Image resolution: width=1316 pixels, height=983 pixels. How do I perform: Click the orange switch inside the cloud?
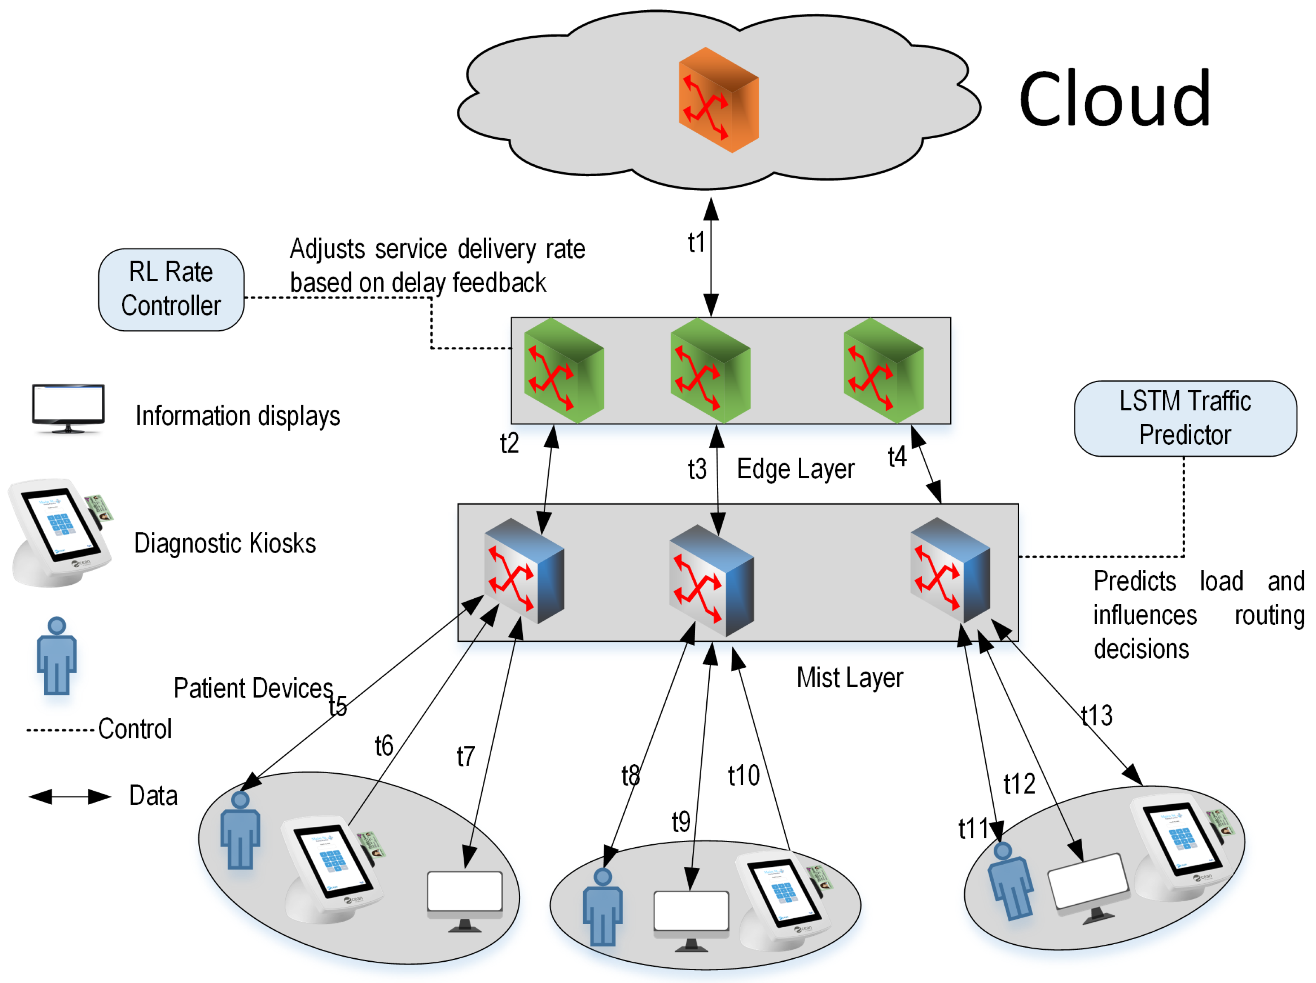pyautogui.click(x=718, y=100)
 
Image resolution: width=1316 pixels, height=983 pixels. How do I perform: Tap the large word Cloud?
pyautogui.click(x=1114, y=99)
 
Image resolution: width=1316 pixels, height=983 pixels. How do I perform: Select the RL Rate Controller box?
pyautogui.click(x=171, y=290)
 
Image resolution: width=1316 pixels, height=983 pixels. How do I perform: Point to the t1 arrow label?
pyautogui.click(x=696, y=243)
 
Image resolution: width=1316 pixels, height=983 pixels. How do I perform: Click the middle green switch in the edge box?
pyautogui.click(x=710, y=371)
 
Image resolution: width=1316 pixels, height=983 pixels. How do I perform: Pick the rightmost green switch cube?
pyautogui.click(x=883, y=371)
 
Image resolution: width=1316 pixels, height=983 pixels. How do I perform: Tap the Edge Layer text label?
pyautogui.click(x=795, y=469)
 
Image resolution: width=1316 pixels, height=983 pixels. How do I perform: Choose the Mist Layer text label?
pyautogui.click(x=849, y=677)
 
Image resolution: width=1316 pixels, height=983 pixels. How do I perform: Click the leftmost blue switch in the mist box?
pyautogui.click(x=524, y=571)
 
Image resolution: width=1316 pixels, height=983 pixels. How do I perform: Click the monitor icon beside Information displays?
pyautogui.click(x=69, y=409)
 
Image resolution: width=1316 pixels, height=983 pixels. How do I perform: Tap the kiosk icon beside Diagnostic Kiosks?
pyautogui.click(x=60, y=533)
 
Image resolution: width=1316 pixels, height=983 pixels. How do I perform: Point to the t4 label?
pyautogui.click(x=897, y=457)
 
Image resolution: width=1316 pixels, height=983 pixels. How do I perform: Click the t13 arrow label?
pyautogui.click(x=1096, y=715)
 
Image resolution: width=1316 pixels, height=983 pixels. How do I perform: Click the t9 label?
pyautogui.click(x=681, y=822)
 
